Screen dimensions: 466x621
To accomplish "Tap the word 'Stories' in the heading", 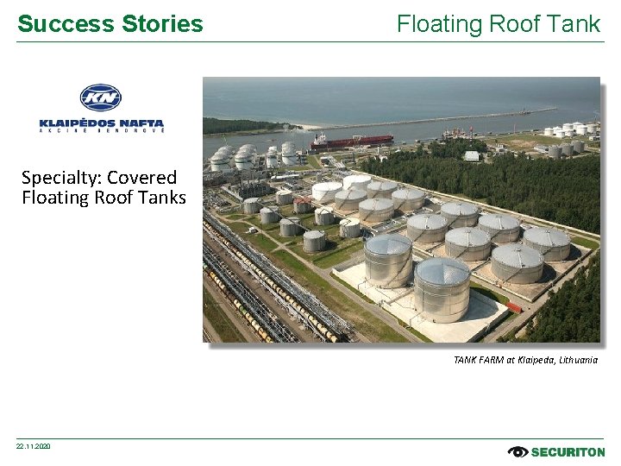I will click(163, 24).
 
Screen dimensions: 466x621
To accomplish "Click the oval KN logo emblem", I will click(101, 98).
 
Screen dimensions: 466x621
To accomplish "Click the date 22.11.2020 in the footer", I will click(34, 446).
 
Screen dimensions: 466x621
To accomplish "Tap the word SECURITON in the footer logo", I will click(568, 451).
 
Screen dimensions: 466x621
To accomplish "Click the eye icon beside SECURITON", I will click(518, 451).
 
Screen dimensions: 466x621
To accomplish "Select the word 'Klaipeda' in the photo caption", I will click(533, 360).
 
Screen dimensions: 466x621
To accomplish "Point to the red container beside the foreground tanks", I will click(513, 306).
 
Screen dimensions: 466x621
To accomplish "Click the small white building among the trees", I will click(471, 156).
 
